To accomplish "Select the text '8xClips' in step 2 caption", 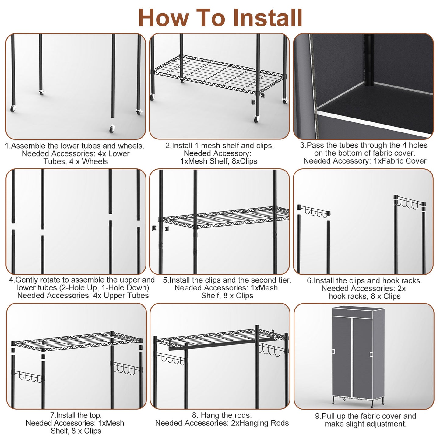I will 245,161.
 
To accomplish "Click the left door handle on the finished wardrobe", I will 333,351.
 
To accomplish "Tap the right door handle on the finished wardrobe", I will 371,354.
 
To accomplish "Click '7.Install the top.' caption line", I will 76,415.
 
